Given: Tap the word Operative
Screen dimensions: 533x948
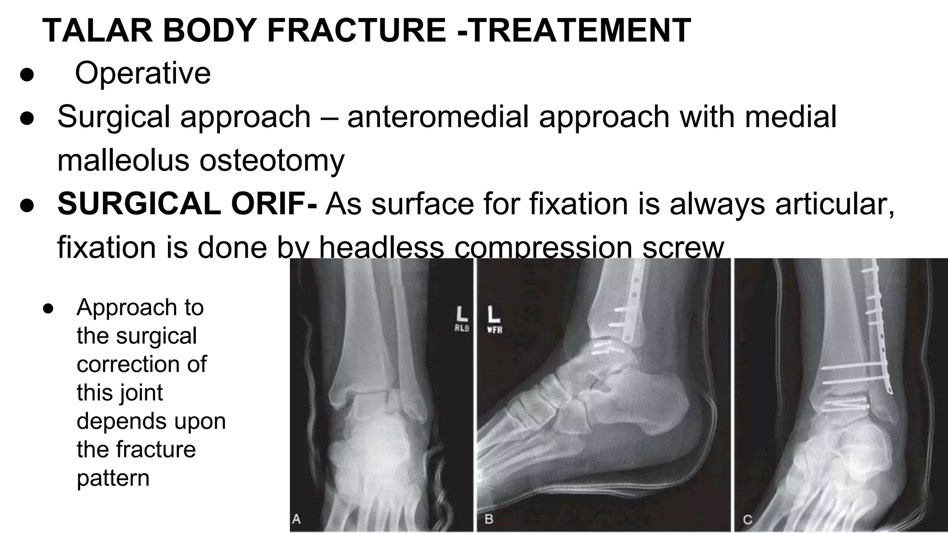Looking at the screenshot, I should [143, 73].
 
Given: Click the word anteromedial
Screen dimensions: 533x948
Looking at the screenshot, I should [438, 116].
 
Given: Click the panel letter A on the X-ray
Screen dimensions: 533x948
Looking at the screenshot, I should [296, 519].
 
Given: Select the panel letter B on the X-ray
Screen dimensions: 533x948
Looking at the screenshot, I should [489, 519].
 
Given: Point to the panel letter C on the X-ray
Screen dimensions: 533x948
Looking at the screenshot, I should [747, 519].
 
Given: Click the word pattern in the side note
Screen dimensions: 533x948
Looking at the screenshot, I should [113, 478].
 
